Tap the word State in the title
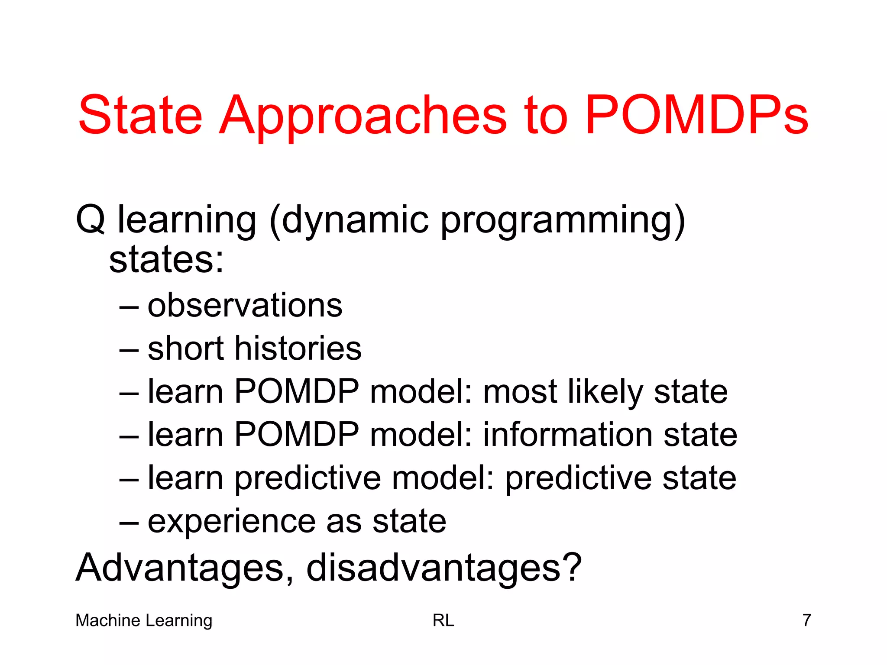[x=140, y=115]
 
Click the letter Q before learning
[x=90, y=220]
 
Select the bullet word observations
[x=245, y=305]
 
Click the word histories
[x=298, y=349]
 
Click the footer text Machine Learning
[x=144, y=620]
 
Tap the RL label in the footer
[x=443, y=620]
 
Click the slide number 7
[x=806, y=620]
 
